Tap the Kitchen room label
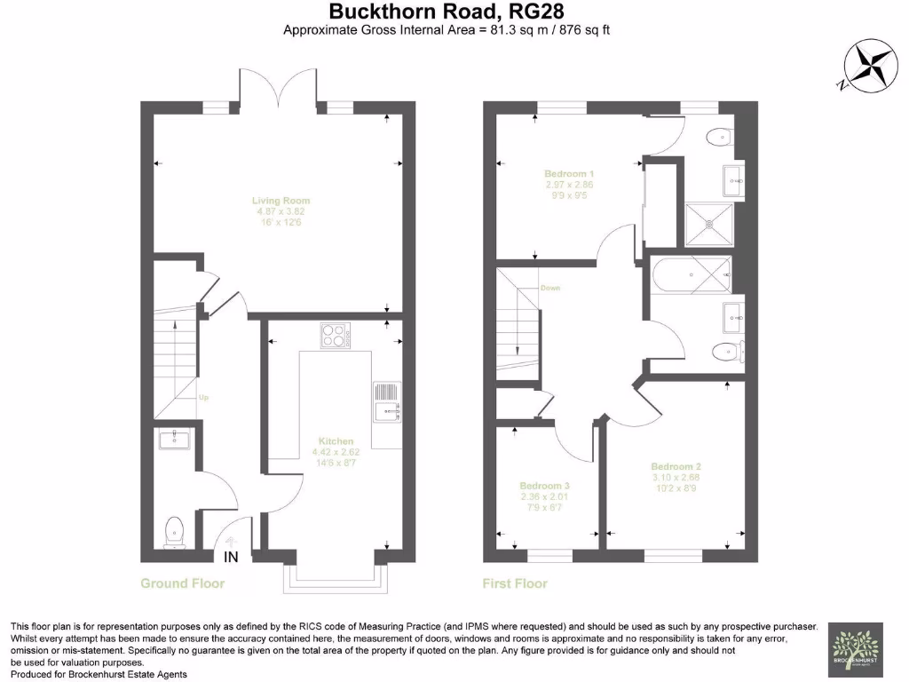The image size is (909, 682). tap(336, 441)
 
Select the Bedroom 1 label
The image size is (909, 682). tap(569, 173)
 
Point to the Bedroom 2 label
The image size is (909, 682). tap(676, 467)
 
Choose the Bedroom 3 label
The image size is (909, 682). tap(544, 486)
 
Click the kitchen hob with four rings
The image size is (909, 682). tap(336, 337)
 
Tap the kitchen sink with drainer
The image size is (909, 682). tap(387, 400)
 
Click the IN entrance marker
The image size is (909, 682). tap(231, 558)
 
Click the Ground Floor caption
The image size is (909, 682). tap(182, 583)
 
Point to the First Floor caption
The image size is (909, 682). tap(515, 583)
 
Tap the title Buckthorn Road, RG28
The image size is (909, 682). tap(447, 12)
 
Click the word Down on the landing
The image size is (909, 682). tap(550, 288)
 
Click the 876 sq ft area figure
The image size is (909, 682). tap(583, 29)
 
